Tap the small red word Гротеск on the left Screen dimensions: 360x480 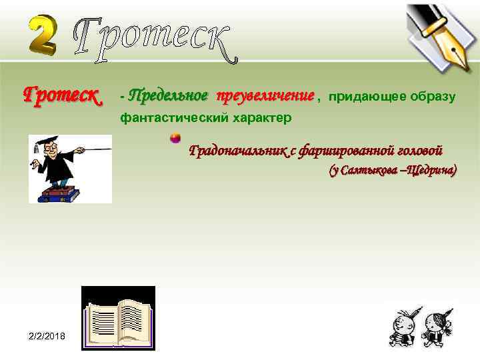(61, 97)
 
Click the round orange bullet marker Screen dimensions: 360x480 (175, 138)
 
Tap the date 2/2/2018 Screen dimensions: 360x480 (47, 337)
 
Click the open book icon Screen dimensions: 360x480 (118, 319)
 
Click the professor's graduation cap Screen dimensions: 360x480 (49, 142)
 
